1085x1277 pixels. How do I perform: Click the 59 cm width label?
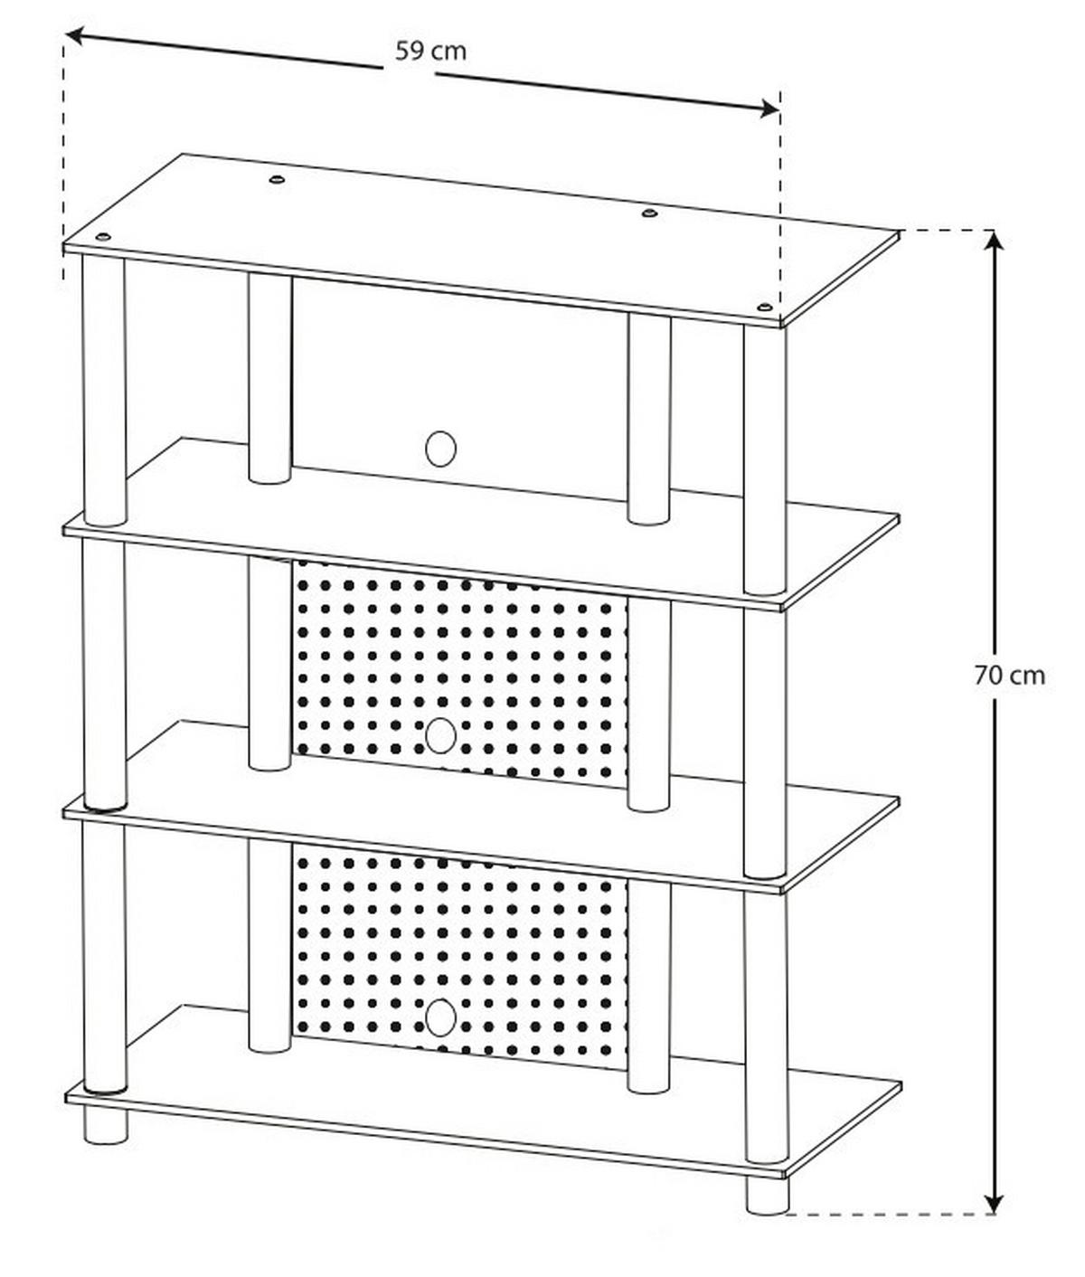431,51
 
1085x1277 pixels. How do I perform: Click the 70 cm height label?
1010,675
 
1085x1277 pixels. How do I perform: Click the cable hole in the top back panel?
440,449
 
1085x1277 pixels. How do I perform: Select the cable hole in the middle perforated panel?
440,735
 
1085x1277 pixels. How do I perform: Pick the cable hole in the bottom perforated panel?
440,1018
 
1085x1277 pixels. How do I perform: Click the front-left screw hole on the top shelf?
102,237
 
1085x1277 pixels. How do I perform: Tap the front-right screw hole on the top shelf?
765,308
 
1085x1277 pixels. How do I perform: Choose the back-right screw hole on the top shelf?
648,213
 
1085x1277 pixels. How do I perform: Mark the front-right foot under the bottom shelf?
766,1194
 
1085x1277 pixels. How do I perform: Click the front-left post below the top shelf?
105,389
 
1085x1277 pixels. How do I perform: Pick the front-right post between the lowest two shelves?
765,1022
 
